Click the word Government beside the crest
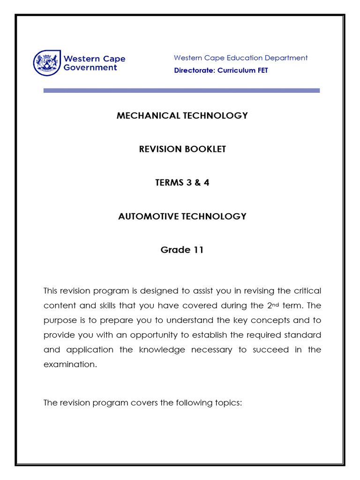pyautogui.click(x=90, y=67)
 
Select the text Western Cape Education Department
pyautogui.click(x=240, y=58)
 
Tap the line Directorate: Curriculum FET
pyautogui.click(x=221, y=70)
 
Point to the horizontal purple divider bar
pyautogui.click(x=181, y=90)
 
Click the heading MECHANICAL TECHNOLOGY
pyautogui.click(x=182, y=115)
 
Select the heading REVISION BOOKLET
pyautogui.click(x=182, y=149)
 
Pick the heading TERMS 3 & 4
pyautogui.click(x=182, y=183)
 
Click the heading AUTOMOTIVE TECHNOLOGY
pyautogui.click(x=182, y=216)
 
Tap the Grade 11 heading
pyautogui.click(x=182, y=250)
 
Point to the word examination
pyautogui.click(x=69, y=365)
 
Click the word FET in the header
pyautogui.click(x=262, y=70)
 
